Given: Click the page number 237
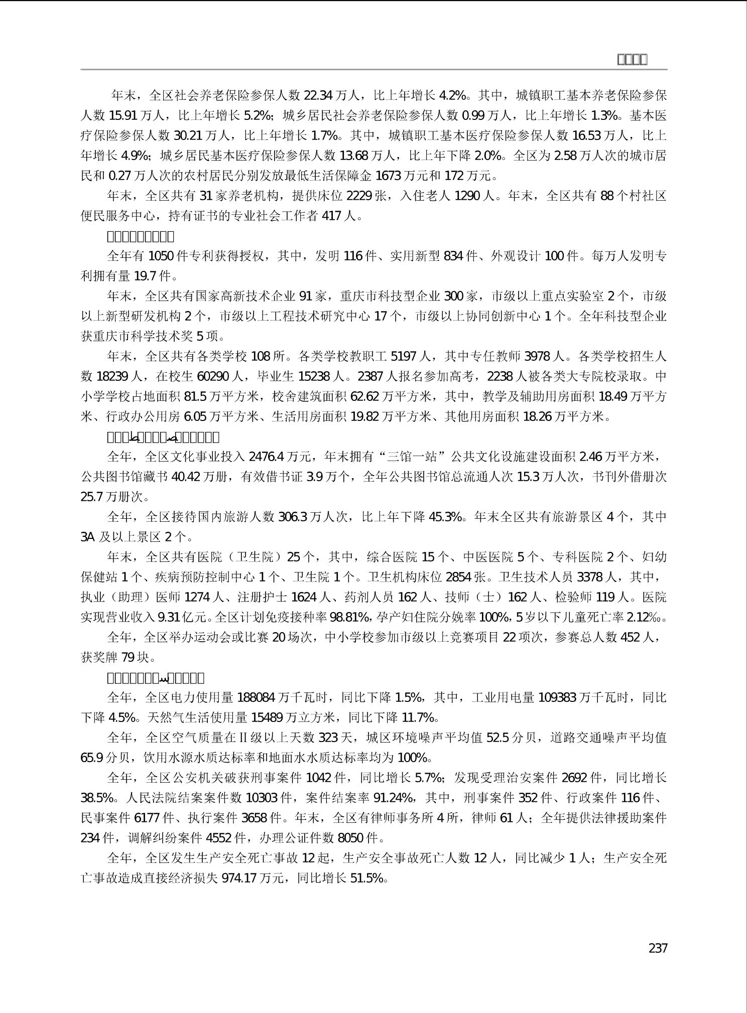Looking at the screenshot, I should (658, 948).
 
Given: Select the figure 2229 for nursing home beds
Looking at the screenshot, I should (359, 196).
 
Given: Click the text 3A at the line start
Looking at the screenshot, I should (88, 537).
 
